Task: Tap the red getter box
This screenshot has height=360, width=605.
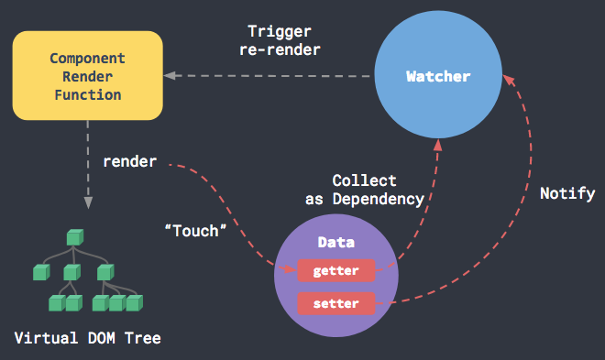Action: click(335, 271)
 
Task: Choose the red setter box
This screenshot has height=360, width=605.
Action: click(335, 303)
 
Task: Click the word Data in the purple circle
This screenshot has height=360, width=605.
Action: click(335, 244)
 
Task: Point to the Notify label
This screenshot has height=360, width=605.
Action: click(567, 193)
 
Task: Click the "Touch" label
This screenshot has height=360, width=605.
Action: click(195, 231)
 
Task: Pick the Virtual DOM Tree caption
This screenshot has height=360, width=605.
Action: click(87, 339)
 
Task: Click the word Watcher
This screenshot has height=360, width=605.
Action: click(438, 76)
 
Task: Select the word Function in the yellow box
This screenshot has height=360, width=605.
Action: click(87, 93)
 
